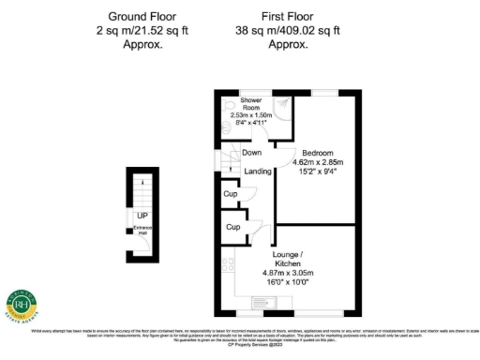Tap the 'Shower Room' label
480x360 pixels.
coord(251,103)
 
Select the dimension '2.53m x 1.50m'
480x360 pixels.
coord(256,114)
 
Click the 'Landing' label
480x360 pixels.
coord(258,172)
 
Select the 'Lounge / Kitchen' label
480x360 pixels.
coord(287,260)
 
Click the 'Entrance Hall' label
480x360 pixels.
coord(141,231)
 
